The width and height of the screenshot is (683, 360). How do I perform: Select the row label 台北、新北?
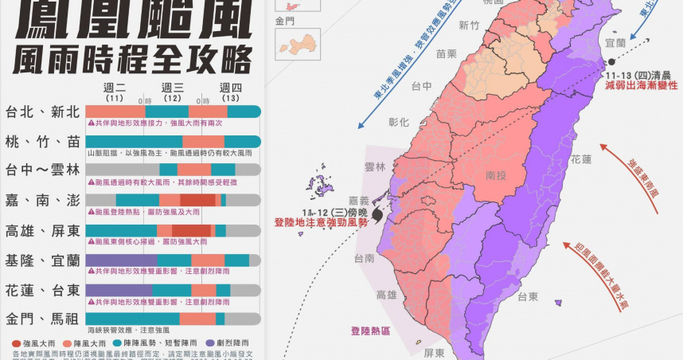click(41, 112)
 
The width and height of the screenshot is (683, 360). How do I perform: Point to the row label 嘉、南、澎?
click(41, 199)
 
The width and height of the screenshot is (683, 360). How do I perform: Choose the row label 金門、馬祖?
click(41, 319)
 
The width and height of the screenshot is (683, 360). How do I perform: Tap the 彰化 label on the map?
click(399, 123)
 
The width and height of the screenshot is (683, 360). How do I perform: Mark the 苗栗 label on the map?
click(446, 54)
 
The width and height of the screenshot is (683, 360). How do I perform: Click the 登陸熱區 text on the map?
click(370, 331)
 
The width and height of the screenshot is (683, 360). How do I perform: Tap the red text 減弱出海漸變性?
click(641, 84)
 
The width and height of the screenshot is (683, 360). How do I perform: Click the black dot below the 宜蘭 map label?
click(611, 61)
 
